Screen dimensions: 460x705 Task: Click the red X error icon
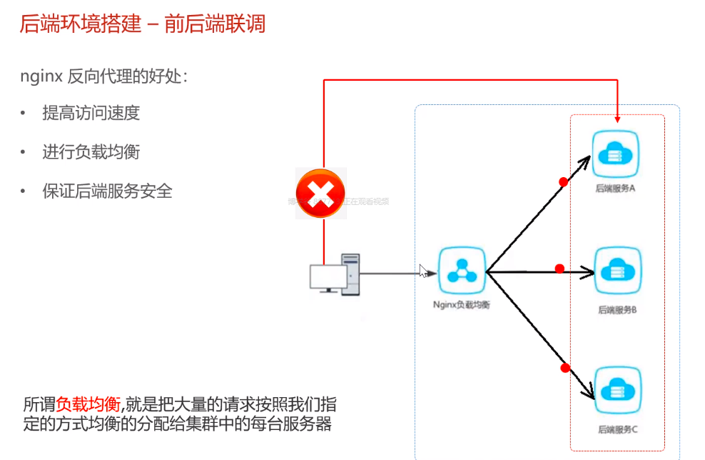(320, 193)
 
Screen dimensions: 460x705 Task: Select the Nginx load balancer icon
(462, 271)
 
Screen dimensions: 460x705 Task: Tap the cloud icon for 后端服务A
(616, 154)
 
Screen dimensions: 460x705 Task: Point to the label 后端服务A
(616, 190)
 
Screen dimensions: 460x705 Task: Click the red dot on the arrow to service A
(563, 182)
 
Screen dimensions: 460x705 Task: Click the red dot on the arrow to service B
(559, 269)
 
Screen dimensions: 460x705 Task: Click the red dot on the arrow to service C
(565, 368)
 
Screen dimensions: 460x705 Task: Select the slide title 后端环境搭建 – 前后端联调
(143, 24)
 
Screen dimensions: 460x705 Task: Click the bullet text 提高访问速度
(91, 113)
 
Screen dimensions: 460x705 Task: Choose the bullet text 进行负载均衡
(91, 152)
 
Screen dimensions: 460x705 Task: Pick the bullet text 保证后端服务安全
(107, 191)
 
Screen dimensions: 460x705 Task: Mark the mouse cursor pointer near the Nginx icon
(423, 271)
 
